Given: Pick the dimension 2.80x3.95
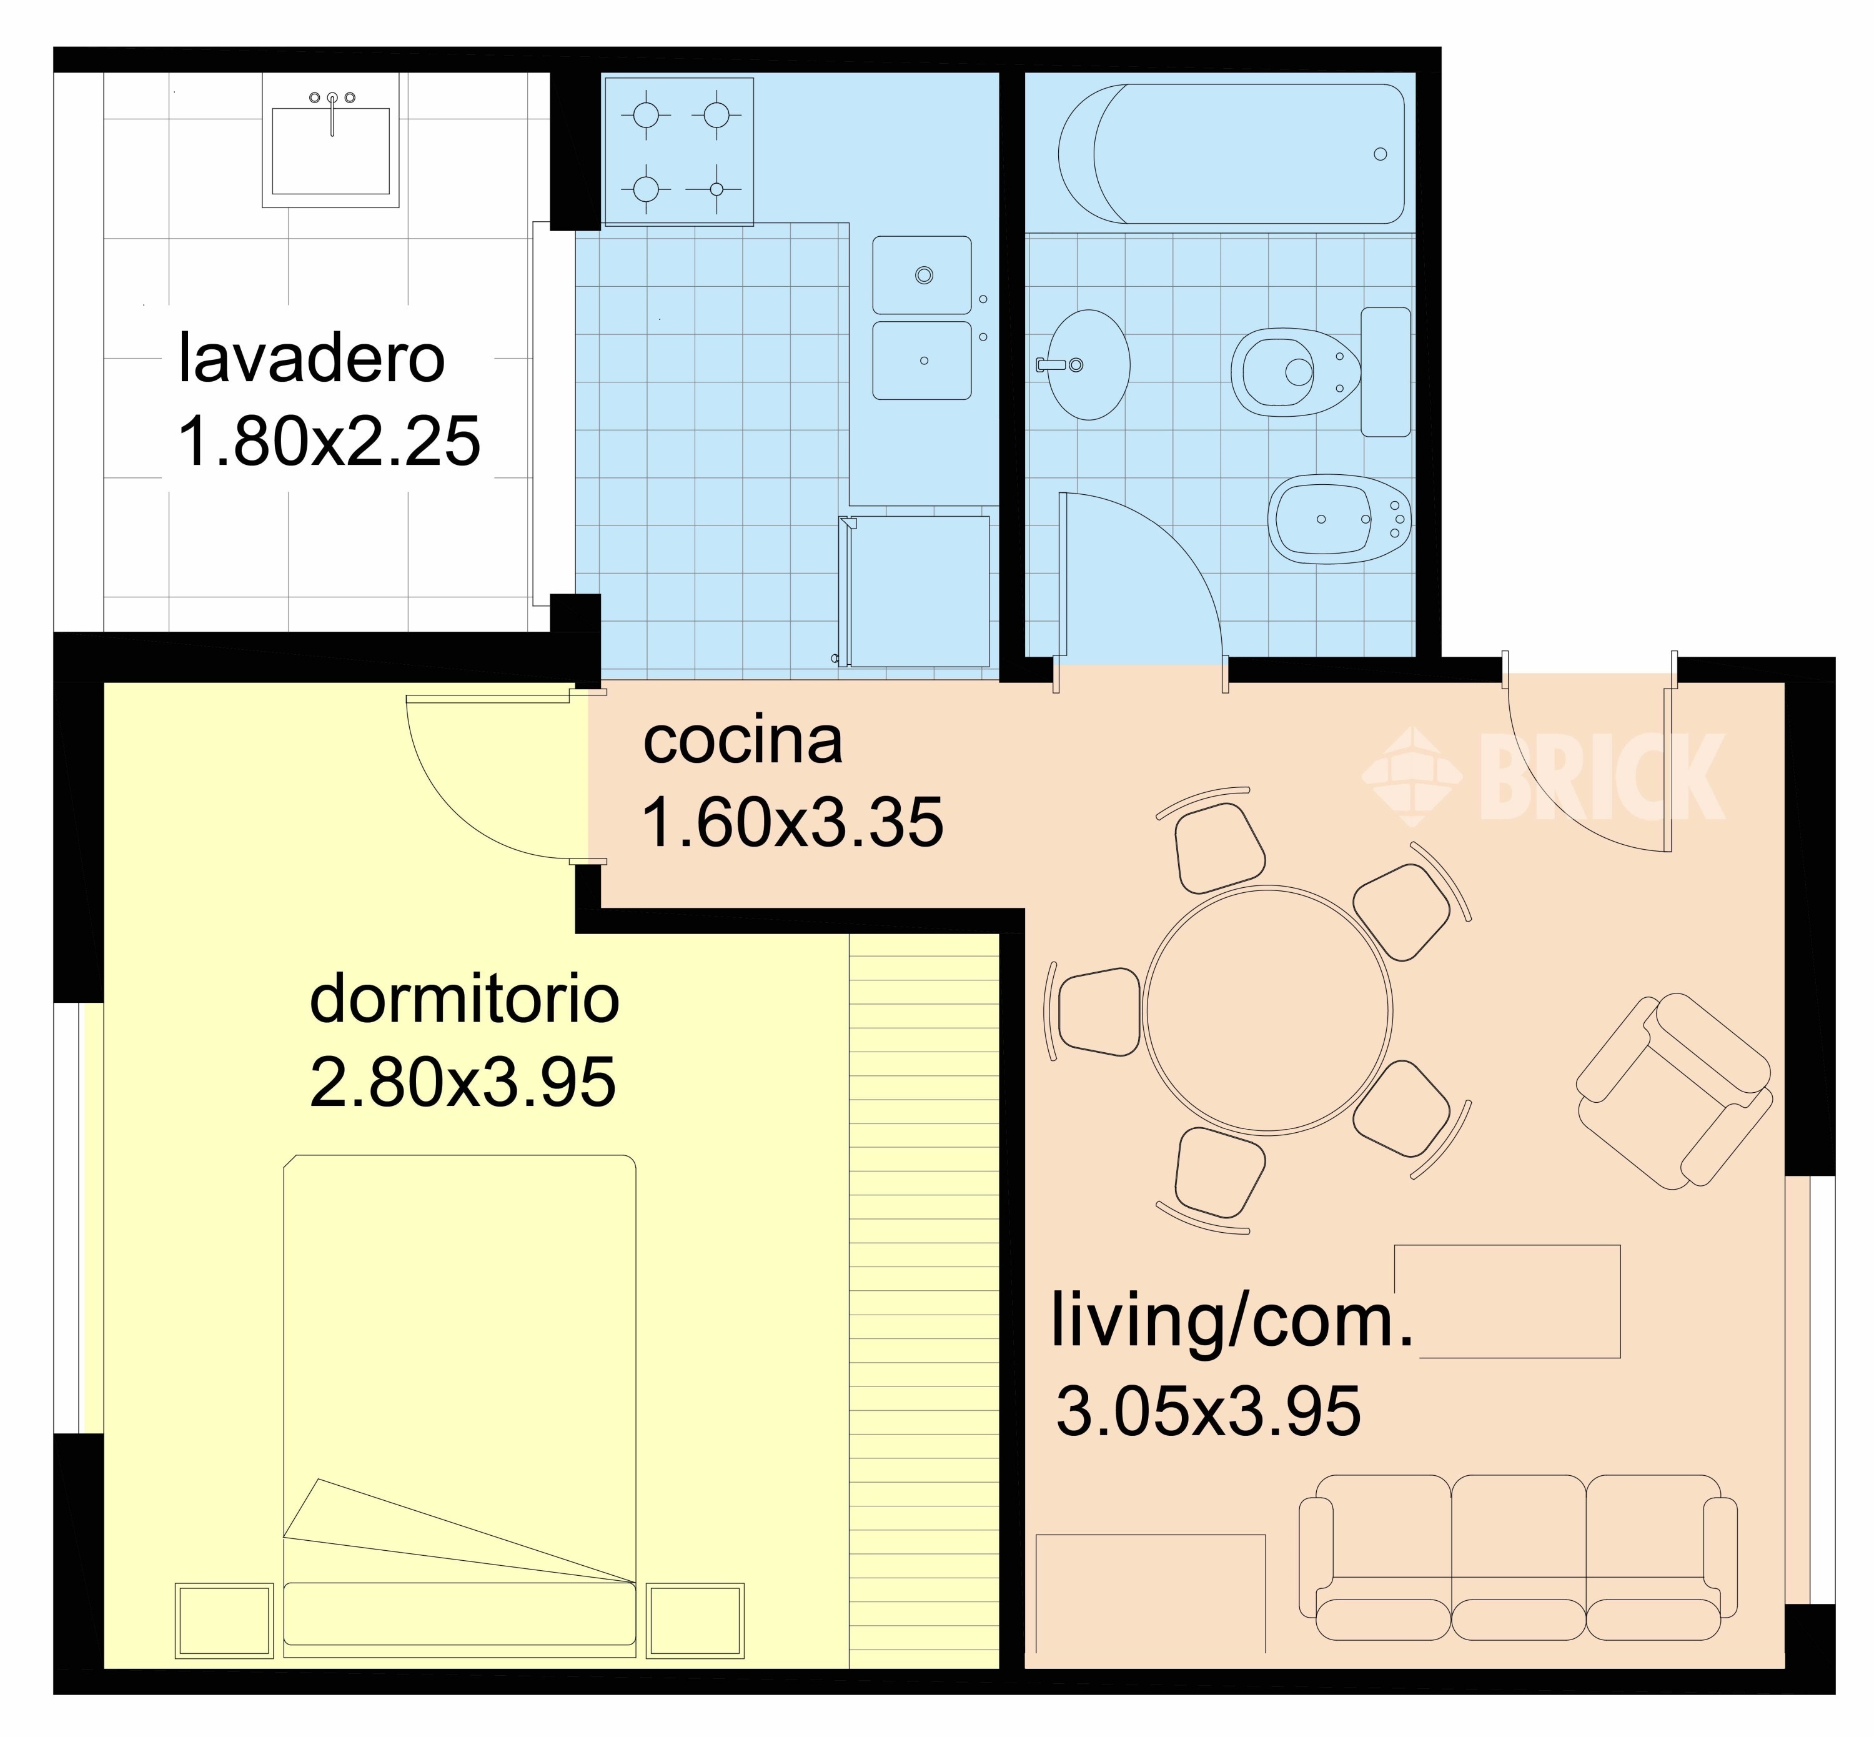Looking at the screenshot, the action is tap(462, 1082).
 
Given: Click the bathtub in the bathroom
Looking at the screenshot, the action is tap(1231, 153).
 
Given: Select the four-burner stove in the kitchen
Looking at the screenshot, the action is tap(678, 151).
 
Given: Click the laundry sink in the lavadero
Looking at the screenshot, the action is tap(331, 151).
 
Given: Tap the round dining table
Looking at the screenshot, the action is tap(1268, 1010).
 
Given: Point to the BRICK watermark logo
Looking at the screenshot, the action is tap(1544, 777).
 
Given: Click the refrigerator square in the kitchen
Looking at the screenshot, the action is tap(917, 590).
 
